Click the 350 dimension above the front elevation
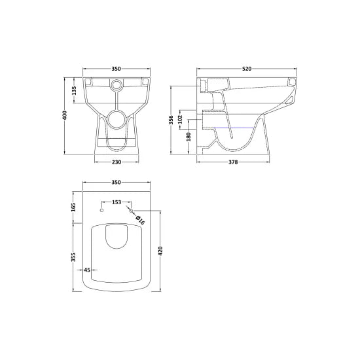pyautogui.click(x=117, y=69)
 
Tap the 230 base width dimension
pyautogui.click(x=117, y=162)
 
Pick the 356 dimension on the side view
pyautogui.click(x=171, y=119)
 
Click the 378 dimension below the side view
pyautogui.click(x=232, y=162)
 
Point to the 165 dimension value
pyautogui.click(x=74, y=207)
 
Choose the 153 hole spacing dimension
pyautogui.click(x=116, y=202)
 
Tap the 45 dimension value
pyautogui.click(x=86, y=270)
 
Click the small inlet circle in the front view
pyautogui.click(x=117, y=84)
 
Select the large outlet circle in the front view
pyautogui.click(x=117, y=118)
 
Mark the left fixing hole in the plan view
pyautogui.click(x=101, y=211)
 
